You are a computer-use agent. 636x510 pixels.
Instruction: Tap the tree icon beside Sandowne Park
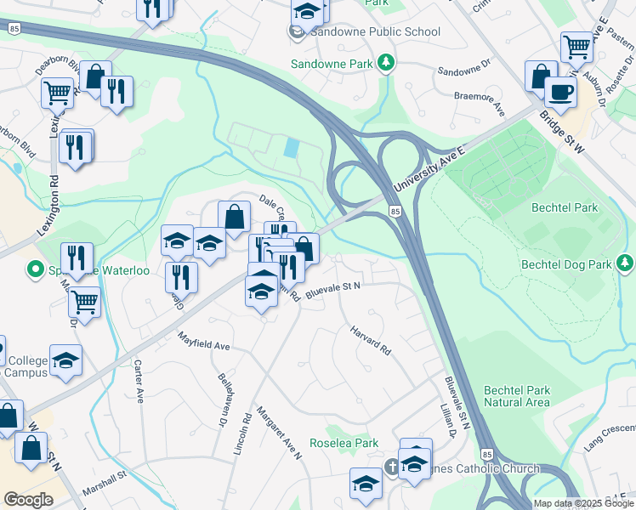click(386, 62)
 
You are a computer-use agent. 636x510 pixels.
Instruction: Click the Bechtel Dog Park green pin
click(625, 263)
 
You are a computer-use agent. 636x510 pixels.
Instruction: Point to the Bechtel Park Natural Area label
click(517, 396)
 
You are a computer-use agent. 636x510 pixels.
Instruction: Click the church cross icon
click(391, 466)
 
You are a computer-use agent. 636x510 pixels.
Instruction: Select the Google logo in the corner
click(29, 500)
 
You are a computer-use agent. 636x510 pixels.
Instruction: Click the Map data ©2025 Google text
click(583, 503)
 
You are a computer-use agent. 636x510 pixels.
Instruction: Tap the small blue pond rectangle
click(292, 148)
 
